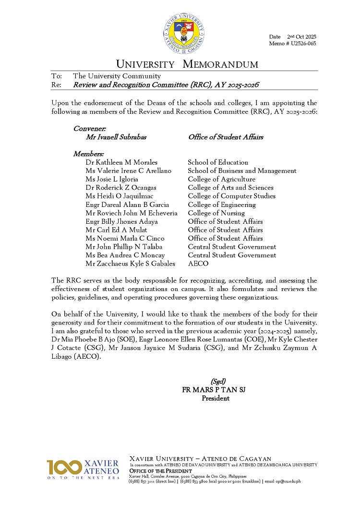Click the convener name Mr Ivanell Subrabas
coord(116,137)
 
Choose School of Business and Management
coord(242,171)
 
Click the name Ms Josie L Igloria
coord(112,179)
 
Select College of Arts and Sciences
coord(230,188)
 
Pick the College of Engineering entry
coord(221,205)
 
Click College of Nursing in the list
coord(216,213)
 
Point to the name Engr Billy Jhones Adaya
coord(121,221)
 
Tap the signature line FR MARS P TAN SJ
coord(214,390)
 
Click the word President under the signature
coord(216,398)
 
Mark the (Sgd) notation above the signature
coord(218,382)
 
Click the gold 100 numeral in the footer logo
coord(63,467)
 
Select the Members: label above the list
coord(88,154)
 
